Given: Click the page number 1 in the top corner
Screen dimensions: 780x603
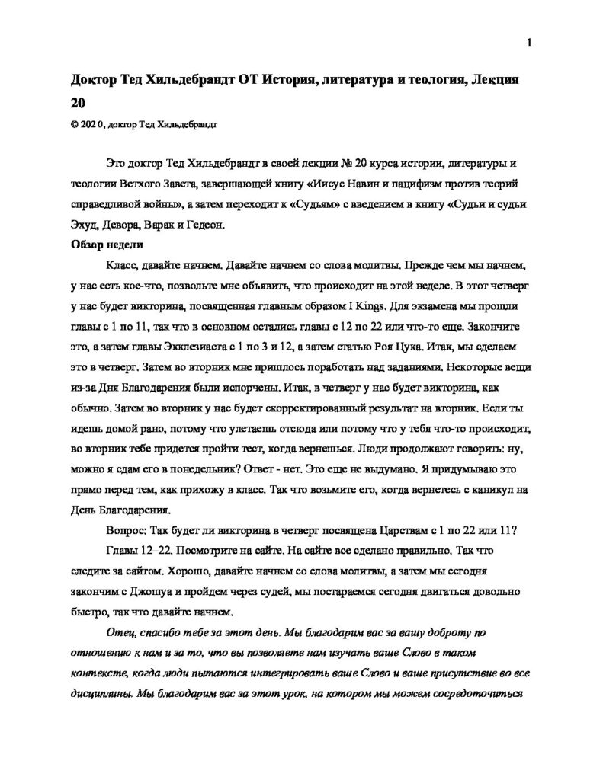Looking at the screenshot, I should pos(529,43).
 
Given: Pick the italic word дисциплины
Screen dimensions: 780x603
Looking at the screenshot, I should pos(104,694).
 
